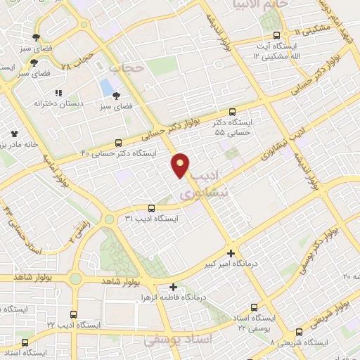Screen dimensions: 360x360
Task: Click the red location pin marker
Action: [181, 166]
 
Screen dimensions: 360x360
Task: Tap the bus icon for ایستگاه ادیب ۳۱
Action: [152, 208]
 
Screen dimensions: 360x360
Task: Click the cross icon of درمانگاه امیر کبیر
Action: [231, 253]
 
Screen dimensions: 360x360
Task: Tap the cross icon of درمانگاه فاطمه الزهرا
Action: [173, 287]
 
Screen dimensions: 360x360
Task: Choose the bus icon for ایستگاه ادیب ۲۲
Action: [75, 314]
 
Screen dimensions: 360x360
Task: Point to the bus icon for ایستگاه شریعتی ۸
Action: [301, 330]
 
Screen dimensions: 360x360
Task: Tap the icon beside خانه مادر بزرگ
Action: [13, 133]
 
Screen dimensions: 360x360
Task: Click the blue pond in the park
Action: [106, 88]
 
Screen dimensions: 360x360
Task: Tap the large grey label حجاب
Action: [127, 68]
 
